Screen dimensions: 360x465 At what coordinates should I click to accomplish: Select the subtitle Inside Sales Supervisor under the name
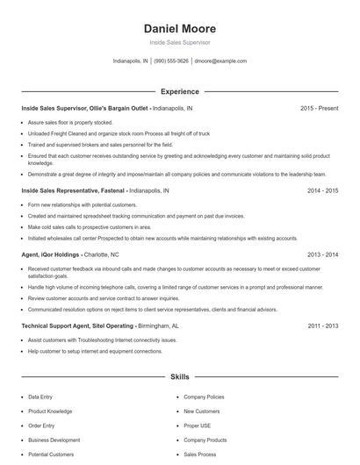pos(179,42)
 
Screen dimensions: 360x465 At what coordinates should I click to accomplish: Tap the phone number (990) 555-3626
pos(171,61)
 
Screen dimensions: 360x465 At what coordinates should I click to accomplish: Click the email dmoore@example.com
pos(220,61)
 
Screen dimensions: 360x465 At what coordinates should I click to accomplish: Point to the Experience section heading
pos(179,91)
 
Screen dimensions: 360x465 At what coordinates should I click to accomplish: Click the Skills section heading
pos(179,376)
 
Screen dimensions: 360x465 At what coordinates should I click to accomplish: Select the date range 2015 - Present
pos(319,108)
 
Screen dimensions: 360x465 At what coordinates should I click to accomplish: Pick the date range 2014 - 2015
pos(320,190)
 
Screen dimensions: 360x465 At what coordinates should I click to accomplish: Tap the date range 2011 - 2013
pos(320,325)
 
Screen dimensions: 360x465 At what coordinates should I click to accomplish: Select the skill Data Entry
pos(40,397)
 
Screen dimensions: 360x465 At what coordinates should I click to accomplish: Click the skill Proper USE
pos(198,426)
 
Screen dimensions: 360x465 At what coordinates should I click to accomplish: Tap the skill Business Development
pos(54,440)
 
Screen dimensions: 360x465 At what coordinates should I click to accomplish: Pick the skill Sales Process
pos(200,455)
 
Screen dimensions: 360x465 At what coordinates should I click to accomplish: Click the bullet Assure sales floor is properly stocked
pos(71,123)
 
